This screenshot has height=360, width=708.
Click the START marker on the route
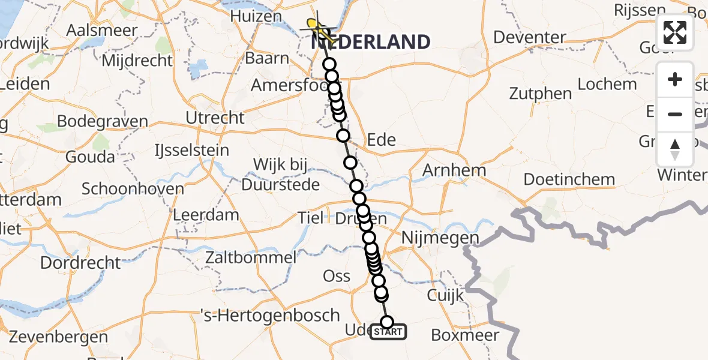coord(388,332)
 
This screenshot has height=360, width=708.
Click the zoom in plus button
coord(675,80)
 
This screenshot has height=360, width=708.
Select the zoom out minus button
coord(675,114)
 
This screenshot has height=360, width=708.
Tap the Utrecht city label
coord(215,118)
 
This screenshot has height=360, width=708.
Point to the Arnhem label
coord(454,170)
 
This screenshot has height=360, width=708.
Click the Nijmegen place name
coord(442,238)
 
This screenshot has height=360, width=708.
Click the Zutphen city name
coord(541,94)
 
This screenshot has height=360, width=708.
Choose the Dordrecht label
coord(80,262)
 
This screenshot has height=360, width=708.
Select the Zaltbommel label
coord(250,258)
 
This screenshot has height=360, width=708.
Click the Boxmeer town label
coord(465,335)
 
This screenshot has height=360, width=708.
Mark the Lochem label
coord(607,84)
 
